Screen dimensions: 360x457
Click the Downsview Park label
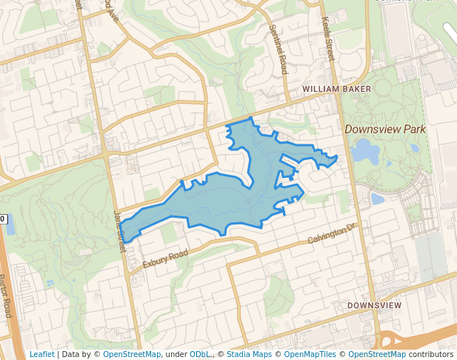click(385, 129)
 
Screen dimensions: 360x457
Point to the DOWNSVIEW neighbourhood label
click(374, 305)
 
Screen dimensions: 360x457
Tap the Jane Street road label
click(119, 230)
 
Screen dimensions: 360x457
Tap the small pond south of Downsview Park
click(377, 199)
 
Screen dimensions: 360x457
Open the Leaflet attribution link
click(41, 354)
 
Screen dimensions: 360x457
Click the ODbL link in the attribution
click(199, 354)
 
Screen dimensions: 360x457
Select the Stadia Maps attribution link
click(249, 354)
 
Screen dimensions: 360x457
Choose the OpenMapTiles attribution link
click(310, 354)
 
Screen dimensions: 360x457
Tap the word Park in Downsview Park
click(414, 129)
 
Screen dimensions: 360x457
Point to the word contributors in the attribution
click(430, 354)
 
